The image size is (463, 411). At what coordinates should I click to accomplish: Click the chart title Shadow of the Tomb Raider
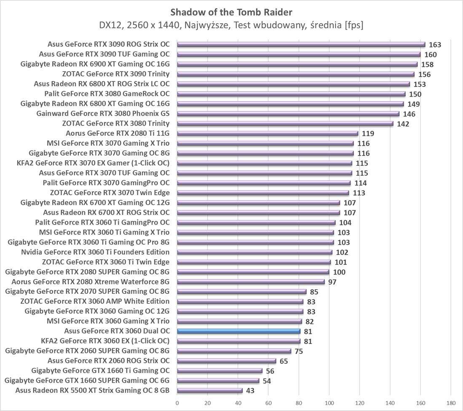pos(231,11)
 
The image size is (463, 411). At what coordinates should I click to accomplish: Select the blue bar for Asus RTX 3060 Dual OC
pos(238,331)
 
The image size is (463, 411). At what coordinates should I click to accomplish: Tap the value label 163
pos(435,45)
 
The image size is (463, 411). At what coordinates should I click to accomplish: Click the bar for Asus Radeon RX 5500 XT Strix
pos(210,390)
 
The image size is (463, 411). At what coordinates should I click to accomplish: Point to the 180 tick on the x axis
pos(451,403)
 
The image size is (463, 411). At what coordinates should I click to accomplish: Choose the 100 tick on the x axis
pos(329,403)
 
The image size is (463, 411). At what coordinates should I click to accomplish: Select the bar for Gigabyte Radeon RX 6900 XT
pos(297,64)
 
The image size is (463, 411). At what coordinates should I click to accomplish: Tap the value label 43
pos(250,391)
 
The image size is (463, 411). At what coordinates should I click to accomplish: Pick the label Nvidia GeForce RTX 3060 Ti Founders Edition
pos(95,252)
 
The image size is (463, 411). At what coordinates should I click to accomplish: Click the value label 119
pos(368,134)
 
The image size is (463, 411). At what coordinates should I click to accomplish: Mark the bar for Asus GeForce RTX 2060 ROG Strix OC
pos(226,361)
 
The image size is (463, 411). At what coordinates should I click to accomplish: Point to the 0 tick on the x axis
pos(177,403)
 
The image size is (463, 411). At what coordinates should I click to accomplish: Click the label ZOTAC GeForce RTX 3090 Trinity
pos(116,74)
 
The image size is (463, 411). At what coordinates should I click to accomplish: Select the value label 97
pos(332,282)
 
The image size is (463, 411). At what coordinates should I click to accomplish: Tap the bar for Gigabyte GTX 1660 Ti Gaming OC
pos(219,371)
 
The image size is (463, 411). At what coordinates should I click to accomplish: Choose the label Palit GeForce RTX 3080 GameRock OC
pos(107,94)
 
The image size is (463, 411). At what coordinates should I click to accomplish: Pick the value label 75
pos(299,351)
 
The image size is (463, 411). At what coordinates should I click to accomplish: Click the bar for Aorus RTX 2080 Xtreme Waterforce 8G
pos(251,282)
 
